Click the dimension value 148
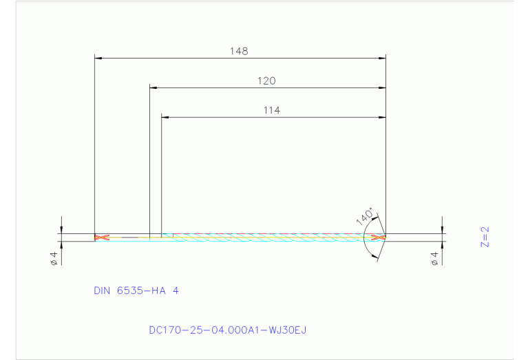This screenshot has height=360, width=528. pos(240,51)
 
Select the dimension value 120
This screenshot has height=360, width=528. pos(266,81)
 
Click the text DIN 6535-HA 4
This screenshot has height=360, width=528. pos(136,290)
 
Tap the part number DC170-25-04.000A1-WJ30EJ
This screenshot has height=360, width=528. pos(227,330)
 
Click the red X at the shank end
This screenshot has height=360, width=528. pos(102,237)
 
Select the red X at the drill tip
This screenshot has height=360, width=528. pos(377,237)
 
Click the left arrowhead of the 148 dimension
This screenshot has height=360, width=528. pos(98,58)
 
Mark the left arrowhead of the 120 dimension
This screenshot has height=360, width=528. pos(154,87)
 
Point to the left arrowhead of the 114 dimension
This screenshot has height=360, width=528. pos(165,117)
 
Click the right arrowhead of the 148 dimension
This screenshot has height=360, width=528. pos(382,58)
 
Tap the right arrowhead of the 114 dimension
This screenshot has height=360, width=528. pos(382,117)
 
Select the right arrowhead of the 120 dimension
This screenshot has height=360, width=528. pos(382,87)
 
